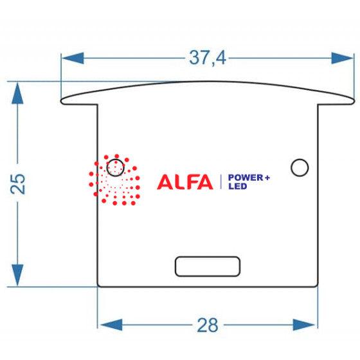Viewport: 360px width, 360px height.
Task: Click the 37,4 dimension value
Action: coord(208,58)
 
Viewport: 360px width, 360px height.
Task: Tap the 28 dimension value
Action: coord(208,325)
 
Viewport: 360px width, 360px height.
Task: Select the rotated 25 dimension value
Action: coord(18,184)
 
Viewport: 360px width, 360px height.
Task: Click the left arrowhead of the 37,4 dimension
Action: coord(73,58)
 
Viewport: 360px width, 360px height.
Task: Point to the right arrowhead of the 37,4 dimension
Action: coord(342,58)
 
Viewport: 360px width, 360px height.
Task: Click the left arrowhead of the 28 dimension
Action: coord(111,325)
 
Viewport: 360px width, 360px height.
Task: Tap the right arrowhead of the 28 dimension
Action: coord(304,325)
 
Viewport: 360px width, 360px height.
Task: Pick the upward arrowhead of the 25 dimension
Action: coord(17,93)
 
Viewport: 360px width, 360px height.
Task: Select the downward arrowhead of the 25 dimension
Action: coord(17,275)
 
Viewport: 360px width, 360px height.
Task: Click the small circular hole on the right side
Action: coord(300,168)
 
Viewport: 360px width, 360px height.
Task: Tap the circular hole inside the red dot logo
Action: coord(116,168)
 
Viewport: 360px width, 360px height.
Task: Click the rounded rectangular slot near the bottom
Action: coord(208,266)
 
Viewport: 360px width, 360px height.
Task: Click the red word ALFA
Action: coord(185,182)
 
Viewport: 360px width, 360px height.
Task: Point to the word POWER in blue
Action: coord(246,177)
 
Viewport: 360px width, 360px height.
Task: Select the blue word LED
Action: coord(238,186)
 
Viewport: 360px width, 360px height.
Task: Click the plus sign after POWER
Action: coord(267,177)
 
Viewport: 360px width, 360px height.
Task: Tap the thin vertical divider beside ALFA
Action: coord(221,182)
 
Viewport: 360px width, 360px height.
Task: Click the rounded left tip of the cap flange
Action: coord(61,102)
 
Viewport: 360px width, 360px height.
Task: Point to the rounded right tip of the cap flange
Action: coord(354,102)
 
